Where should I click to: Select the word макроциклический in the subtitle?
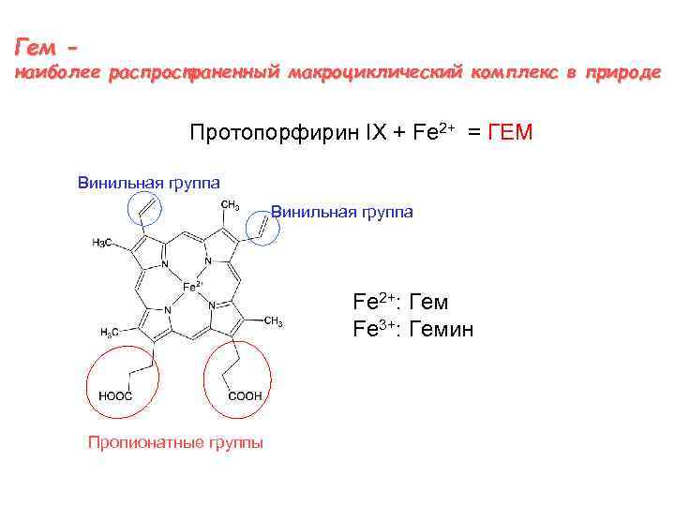tap(374, 72)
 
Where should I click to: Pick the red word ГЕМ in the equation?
tap(511, 132)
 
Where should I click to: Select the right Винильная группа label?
tap(341, 212)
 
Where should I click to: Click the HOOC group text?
tap(115, 396)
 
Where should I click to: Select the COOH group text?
tap(246, 396)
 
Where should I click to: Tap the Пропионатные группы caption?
tap(175, 442)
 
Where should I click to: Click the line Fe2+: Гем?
tap(400, 303)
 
